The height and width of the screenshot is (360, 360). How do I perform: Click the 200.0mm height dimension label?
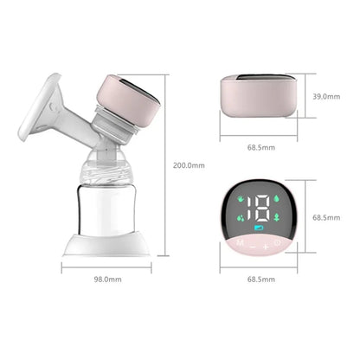click(x=189, y=165)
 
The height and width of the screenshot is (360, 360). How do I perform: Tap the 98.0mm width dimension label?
click(x=107, y=280)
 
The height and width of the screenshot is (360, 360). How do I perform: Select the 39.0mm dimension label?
click(x=326, y=96)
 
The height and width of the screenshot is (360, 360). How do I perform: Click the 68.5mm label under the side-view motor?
click(x=261, y=147)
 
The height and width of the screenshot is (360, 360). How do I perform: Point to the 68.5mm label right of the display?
click(x=326, y=217)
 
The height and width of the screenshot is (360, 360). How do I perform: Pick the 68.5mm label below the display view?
click(x=261, y=280)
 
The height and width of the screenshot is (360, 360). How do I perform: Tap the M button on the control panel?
click(x=240, y=242)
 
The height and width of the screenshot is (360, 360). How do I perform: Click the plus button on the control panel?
click(x=266, y=247)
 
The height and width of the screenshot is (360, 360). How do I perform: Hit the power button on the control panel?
click(x=277, y=242)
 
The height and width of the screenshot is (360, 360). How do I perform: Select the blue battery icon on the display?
click(x=258, y=228)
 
